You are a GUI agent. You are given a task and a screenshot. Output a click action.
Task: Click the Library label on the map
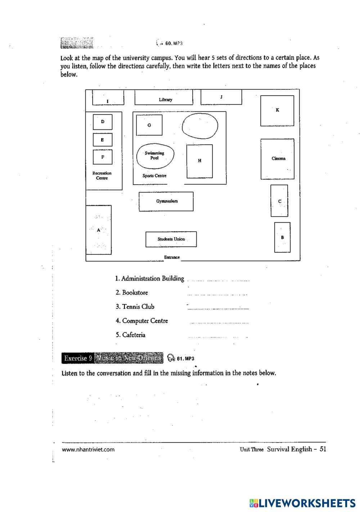165,100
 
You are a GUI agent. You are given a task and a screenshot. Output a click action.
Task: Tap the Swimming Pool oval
154,156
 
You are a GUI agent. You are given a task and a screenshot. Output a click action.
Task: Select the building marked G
149,125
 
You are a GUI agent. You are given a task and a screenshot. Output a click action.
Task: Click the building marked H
199,161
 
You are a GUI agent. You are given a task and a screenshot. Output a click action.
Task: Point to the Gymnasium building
166,201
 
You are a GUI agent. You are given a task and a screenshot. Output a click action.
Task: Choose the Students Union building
171,239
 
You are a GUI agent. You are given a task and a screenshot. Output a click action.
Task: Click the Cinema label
278,158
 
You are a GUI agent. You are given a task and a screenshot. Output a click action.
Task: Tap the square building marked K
277,110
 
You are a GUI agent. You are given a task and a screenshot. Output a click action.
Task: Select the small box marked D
103,122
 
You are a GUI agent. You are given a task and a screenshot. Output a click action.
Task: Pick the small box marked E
103,140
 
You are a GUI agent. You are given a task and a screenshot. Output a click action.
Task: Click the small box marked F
103,157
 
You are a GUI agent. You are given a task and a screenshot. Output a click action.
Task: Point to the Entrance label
172,257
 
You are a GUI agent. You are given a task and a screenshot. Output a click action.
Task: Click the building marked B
282,237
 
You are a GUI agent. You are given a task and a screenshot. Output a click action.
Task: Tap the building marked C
279,201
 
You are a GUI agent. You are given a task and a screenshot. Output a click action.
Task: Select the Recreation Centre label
102,176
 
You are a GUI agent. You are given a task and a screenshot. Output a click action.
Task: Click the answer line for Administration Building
218,280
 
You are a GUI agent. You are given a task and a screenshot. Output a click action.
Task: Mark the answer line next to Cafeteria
217,337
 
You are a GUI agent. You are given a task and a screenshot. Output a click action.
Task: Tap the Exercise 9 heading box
77,358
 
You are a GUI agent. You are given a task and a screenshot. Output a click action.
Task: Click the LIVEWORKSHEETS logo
302,503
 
